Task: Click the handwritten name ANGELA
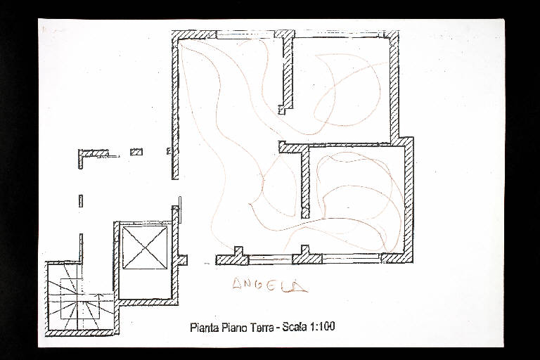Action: coord(270,285)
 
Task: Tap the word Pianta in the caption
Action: coord(204,327)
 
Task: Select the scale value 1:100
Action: coord(323,326)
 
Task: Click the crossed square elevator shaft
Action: coord(145,247)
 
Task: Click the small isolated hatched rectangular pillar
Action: coord(136,152)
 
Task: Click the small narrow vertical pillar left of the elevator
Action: coord(81,201)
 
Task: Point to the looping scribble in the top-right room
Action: coord(348,90)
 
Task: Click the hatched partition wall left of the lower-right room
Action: coord(304,181)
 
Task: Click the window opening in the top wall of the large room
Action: coord(245,34)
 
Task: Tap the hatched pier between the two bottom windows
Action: coord(307,257)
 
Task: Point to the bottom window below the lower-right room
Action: coord(352,258)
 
